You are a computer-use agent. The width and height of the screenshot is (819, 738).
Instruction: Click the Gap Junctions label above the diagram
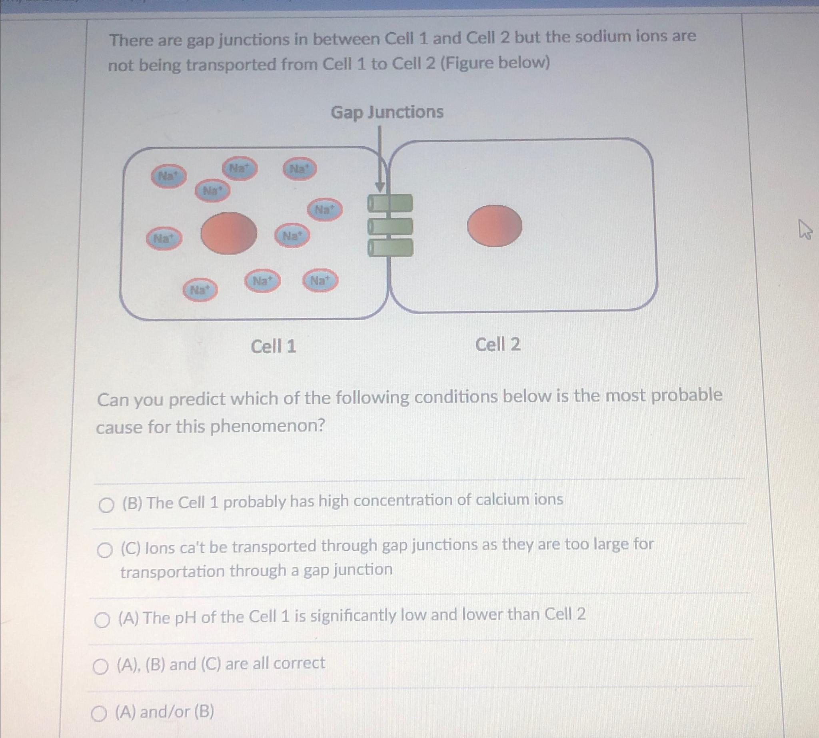point(387,112)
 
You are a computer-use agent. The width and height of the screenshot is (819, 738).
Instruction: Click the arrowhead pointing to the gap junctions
point(380,187)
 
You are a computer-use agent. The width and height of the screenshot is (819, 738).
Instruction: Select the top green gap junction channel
point(390,203)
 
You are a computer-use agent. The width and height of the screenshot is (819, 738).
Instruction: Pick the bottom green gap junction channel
point(390,247)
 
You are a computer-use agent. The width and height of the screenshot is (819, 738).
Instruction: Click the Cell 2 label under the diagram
point(497,345)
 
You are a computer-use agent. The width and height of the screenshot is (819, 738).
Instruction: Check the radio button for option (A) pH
point(102,620)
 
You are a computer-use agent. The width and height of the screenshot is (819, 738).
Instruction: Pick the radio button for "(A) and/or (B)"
point(98,714)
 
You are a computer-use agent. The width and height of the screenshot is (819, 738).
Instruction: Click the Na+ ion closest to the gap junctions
point(325,209)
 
